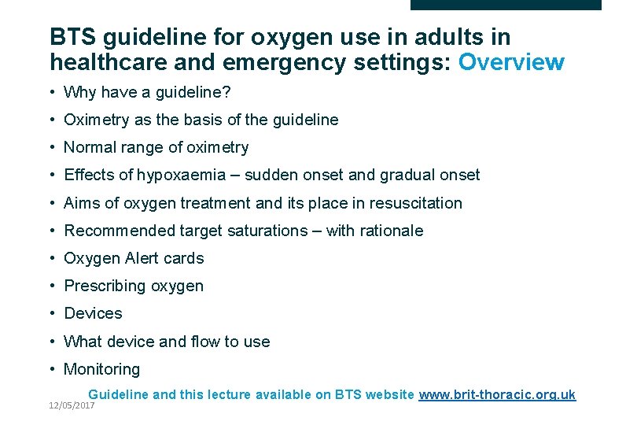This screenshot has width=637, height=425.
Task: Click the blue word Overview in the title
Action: click(511, 61)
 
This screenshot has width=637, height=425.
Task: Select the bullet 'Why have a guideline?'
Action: click(147, 92)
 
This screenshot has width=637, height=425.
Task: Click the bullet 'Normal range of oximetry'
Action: click(156, 147)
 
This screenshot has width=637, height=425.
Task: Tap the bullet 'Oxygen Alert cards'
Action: click(134, 258)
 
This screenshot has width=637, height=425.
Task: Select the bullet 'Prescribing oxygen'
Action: click(134, 286)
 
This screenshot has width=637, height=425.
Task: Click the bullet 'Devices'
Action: click(93, 313)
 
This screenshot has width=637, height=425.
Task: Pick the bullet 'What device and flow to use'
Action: click(167, 342)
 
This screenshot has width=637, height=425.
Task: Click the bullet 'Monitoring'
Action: click(101, 369)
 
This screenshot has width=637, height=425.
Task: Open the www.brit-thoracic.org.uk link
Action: click(497, 394)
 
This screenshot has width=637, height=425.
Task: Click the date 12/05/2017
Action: click(71, 405)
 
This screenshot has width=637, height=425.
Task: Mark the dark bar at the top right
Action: click(506, 5)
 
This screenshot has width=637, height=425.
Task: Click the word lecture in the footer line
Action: click(232, 394)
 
